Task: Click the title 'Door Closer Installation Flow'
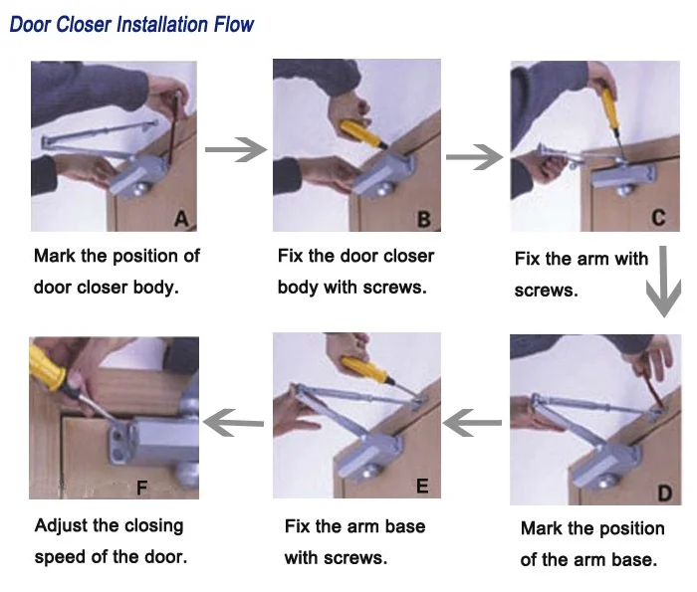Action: [131, 25]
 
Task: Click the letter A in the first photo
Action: [181, 219]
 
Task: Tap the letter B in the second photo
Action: [424, 220]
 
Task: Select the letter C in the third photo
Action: [658, 218]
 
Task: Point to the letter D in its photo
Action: [664, 493]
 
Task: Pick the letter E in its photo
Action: [422, 486]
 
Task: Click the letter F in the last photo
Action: [141, 489]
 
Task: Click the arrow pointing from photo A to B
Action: [236, 149]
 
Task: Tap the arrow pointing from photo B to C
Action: [474, 157]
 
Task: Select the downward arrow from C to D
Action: [664, 282]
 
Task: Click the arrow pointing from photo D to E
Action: [472, 422]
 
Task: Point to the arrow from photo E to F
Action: [233, 422]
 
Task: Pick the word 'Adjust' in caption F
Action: [62, 526]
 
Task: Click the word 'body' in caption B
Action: [298, 288]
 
